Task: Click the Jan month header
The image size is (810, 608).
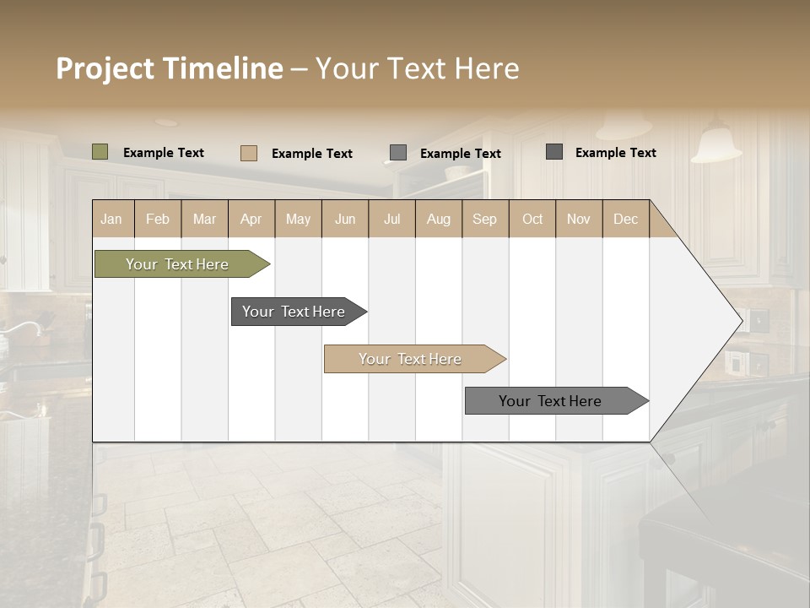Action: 111,219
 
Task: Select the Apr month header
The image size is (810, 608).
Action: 251,219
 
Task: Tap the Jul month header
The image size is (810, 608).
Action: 391,219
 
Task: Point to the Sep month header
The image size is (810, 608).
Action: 484,219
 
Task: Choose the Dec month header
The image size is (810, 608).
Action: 625,219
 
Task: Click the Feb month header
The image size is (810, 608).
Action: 158,219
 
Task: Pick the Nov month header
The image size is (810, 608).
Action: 578,219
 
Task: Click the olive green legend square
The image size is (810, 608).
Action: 100,152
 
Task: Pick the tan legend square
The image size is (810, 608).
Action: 249,153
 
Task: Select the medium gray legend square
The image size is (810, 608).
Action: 398,153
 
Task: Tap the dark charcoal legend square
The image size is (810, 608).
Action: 554,152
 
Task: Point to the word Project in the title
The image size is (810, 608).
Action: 105,68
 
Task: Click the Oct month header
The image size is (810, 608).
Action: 532,219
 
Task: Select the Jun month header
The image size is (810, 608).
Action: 345,219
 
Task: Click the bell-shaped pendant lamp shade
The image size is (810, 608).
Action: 715,145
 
